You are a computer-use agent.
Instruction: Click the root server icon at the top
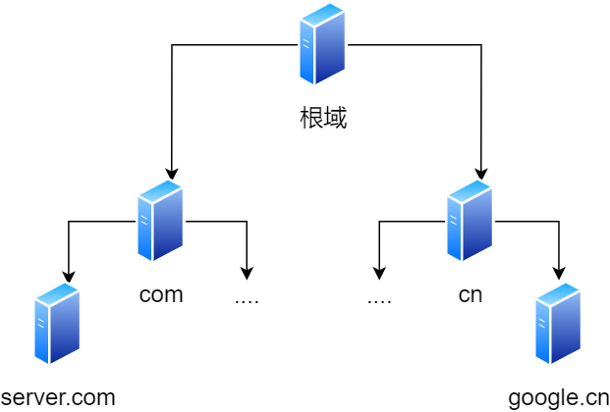click(x=322, y=44)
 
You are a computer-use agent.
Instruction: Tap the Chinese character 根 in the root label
click(x=310, y=119)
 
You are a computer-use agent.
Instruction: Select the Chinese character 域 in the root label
click(x=335, y=119)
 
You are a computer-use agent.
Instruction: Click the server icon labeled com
click(x=160, y=221)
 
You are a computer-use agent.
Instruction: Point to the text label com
click(x=161, y=294)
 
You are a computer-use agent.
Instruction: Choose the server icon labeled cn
click(x=470, y=221)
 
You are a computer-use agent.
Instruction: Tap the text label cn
click(x=471, y=294)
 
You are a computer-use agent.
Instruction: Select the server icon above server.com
click(x=57, y=324)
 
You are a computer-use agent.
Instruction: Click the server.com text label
click(x=58, y=397)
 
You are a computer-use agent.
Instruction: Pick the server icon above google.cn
click(x=558, y=324)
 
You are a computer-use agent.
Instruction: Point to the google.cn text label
click(x=559, y=397)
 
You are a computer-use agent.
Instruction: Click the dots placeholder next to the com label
click(x=247, y=297)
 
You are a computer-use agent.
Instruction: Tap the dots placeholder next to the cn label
click(x=379, y=297)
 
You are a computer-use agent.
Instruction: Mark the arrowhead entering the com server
click(x=172, y=174)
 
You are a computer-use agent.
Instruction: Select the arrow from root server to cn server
click(x=481, y=98)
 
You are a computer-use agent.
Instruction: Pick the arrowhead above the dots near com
click(x=247, y=274)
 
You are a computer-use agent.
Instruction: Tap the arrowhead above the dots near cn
click(x=379, y=274)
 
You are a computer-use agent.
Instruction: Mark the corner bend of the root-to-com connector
click(x=172, y=44)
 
